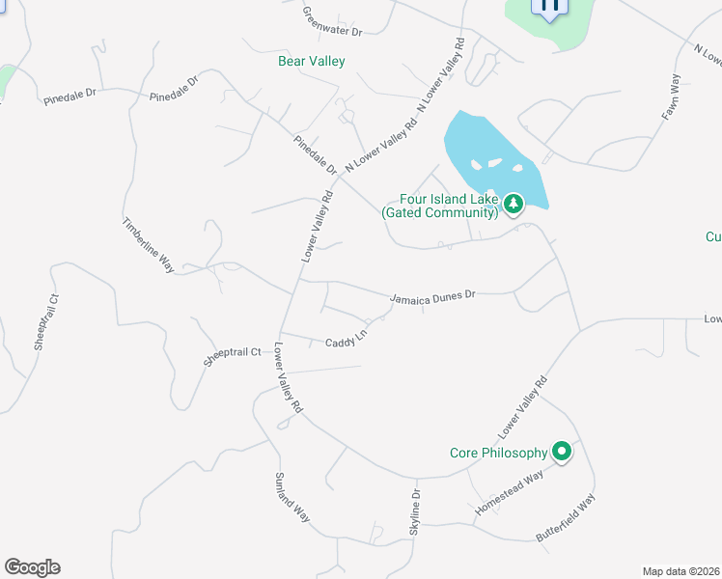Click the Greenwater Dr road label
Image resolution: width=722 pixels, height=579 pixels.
(331, 20)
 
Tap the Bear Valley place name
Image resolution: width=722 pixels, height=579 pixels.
(311, 61)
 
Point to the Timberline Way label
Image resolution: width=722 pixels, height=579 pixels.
(147, 245)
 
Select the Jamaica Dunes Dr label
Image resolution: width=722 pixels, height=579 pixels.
(433, 297)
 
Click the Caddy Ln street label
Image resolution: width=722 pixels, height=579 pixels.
(347, 341)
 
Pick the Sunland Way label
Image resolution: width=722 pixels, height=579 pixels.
(292, 497)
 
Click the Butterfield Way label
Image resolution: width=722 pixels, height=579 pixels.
(567, 516)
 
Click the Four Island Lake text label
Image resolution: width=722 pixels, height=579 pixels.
(440, 206)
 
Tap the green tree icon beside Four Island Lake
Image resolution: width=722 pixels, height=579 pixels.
(514, 203)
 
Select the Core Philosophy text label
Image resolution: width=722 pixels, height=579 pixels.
(498, 453)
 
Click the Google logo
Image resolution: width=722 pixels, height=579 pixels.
(32, 567)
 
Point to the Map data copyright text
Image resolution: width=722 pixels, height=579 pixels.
(681, 571)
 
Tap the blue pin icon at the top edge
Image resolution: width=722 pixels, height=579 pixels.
(549, 8)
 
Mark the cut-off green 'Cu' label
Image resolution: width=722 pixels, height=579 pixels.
(713, 236)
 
